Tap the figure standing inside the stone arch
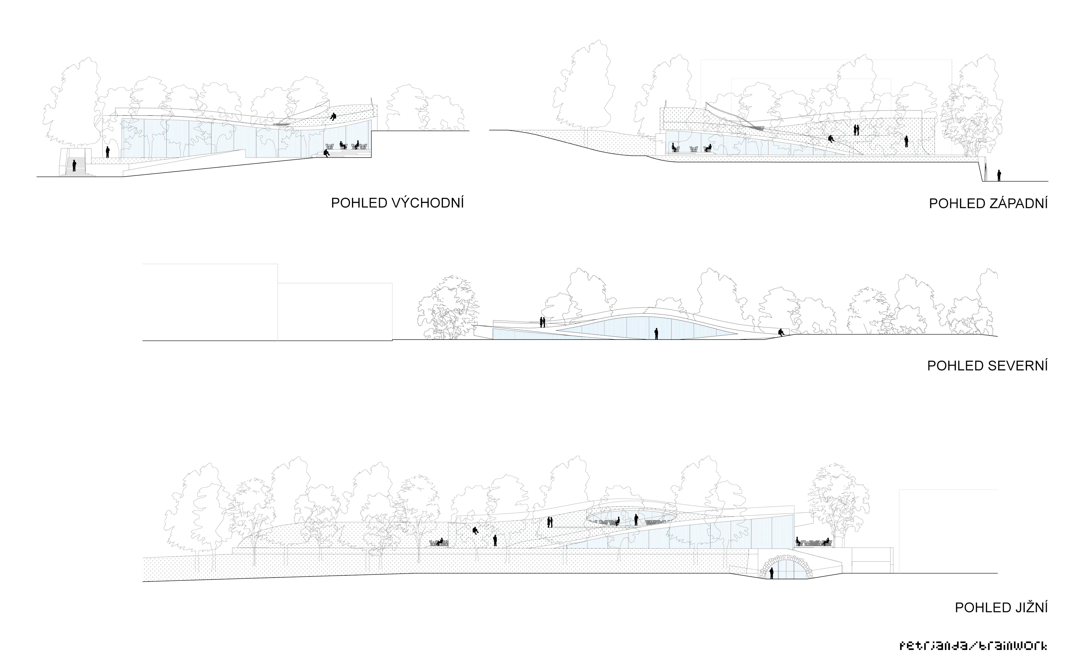(x=771, y=573)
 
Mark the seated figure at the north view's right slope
(x=782, y=332)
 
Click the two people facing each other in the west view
(x=856, y=130)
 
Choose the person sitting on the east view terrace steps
(x=326, y=153)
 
